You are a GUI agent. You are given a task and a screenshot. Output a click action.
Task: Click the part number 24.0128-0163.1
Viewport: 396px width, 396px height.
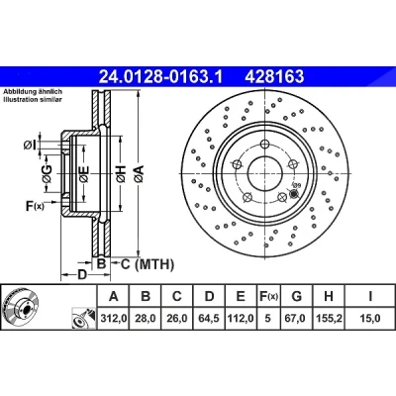point(161,77)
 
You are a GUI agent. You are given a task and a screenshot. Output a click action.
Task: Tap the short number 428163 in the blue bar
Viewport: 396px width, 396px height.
point(274,77)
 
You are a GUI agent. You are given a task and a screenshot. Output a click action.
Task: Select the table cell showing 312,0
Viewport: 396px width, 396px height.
point(114,318)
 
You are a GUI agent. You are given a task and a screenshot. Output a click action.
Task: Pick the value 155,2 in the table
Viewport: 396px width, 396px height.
point(329,318)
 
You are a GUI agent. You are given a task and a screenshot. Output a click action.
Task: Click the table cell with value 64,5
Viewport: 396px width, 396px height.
point(209,318)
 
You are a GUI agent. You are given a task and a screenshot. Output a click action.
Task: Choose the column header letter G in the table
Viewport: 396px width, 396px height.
point(297,296)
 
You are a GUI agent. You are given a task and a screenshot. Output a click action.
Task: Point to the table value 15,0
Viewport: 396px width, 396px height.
point(370,318)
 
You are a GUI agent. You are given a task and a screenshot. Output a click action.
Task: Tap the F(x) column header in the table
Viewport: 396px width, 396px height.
point(268,296)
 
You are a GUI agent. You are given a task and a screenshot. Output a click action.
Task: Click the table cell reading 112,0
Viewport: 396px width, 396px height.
point(241,318)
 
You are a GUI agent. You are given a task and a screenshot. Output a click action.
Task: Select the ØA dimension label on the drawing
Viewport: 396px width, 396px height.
point(139,174)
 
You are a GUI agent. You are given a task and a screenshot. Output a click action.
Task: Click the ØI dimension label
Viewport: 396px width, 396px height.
point(30,145)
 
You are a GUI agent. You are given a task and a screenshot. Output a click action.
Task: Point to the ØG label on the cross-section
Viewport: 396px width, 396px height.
point(47,173)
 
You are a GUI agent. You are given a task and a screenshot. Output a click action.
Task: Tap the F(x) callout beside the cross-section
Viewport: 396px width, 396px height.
point(35,206)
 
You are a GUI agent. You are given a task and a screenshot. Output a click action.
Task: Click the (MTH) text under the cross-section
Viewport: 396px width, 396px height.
point(154,264)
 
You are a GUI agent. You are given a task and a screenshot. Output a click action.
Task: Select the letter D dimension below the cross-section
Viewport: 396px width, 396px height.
point(82,274)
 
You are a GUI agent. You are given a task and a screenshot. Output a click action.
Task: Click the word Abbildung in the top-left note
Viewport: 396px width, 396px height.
point(17,92)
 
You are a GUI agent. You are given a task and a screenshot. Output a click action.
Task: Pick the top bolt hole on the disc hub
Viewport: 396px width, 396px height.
point(264,145)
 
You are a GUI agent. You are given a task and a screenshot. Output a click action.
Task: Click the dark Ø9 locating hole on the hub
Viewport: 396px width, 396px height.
point(293,194)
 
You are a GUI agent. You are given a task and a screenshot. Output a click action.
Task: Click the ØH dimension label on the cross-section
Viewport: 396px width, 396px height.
point(121,174)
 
